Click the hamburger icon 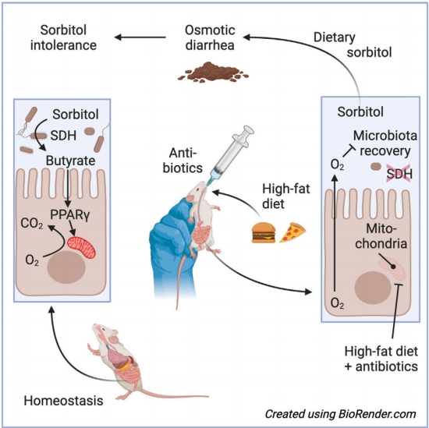click(264, 232)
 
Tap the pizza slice click(292, 232)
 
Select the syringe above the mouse click(230, 156)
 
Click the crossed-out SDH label click(399, 174)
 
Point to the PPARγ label click(69, 215)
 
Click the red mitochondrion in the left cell click(82, 247)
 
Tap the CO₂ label click(32, 224)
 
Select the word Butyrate click(70, 161)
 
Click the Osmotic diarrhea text click(210, 37)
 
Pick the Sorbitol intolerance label click(63, 37)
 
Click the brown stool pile click(213, 73)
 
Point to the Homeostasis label click(63, 401)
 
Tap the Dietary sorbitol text click(353, 45)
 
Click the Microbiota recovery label click(385, 143)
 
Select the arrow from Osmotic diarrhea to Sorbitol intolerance click(140, 37)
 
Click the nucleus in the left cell click(66, 267)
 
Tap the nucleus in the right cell click(373, 288)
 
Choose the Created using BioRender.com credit click(341, 414)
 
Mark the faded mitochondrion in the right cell click(392, 267)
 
